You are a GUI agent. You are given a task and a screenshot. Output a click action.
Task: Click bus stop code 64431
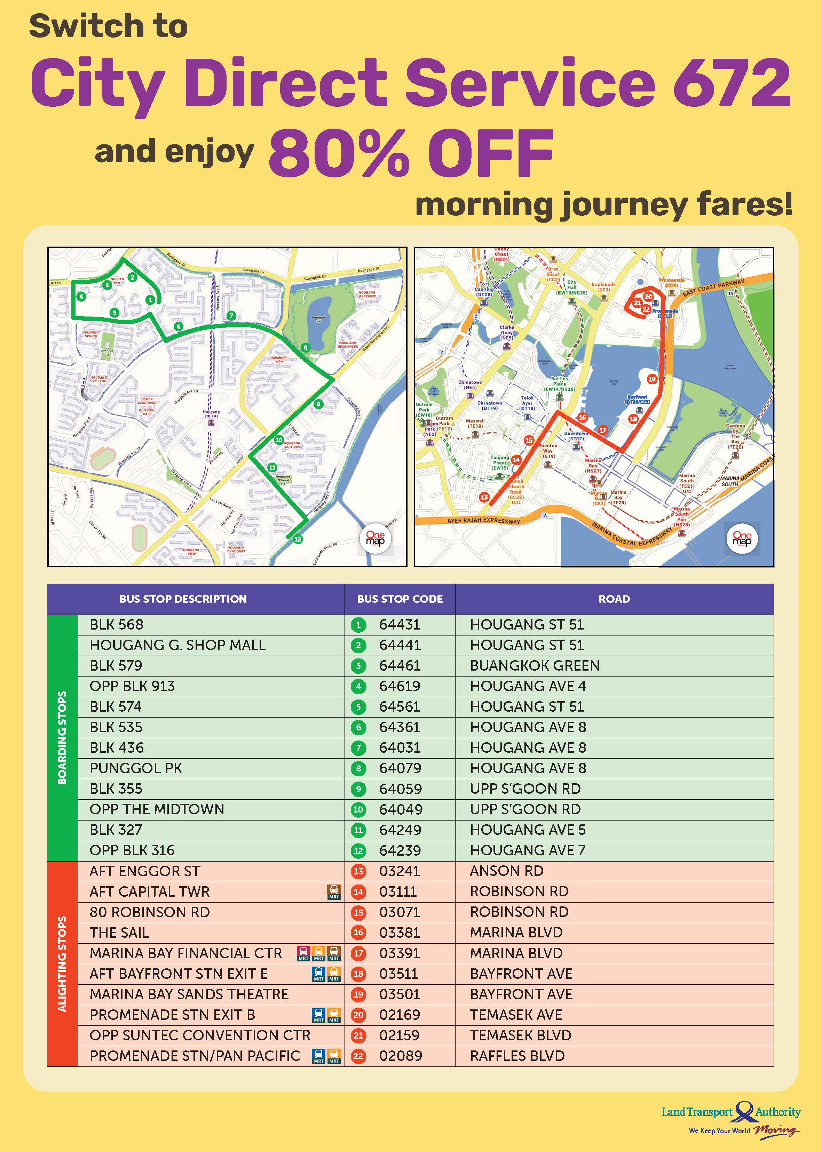pos(400,624)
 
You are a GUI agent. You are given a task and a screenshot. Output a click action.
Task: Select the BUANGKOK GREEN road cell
pos(535,665)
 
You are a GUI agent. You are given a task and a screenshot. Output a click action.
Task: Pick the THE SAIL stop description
pos(119,933)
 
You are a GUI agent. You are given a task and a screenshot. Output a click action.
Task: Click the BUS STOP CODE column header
pos(400,599)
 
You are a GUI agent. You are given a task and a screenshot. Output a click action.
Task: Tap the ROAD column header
pos(614,599)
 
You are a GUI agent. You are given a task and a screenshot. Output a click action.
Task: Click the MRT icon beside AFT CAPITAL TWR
pos(334,892)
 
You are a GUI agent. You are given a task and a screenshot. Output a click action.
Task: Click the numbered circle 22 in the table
pos(358,1056)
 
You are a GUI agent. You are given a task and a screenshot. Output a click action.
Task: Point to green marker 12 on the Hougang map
pos(298,539)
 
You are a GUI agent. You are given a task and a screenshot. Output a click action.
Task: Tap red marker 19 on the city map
pos(652,379)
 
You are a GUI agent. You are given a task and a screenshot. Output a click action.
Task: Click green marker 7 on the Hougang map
pos(231,316)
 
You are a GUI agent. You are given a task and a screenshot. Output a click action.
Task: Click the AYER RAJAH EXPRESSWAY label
pos(483,521)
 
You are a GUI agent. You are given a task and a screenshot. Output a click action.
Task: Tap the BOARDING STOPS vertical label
pos(62,738)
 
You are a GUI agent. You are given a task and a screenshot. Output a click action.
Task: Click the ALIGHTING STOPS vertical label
pos(62,964)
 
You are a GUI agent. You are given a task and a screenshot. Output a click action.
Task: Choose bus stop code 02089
pos(400,1056)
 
